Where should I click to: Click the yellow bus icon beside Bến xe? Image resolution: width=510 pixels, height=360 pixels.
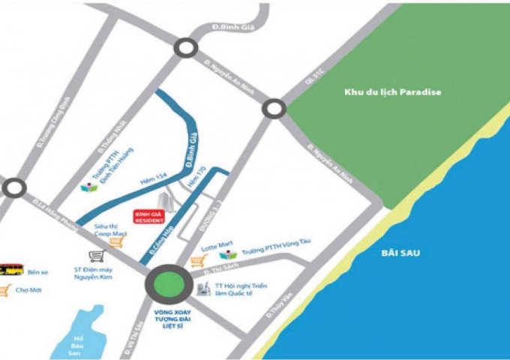[10, 268]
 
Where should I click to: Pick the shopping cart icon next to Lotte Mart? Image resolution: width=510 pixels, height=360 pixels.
[198, 260]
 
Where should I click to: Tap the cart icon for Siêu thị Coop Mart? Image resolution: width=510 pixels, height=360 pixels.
[115, 241]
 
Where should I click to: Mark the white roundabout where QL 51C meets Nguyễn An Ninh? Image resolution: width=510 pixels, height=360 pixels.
[274, 109]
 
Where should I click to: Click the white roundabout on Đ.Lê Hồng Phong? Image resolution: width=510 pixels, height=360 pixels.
[13, 187]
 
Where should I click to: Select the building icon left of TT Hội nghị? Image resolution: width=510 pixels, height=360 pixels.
[202, 288]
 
